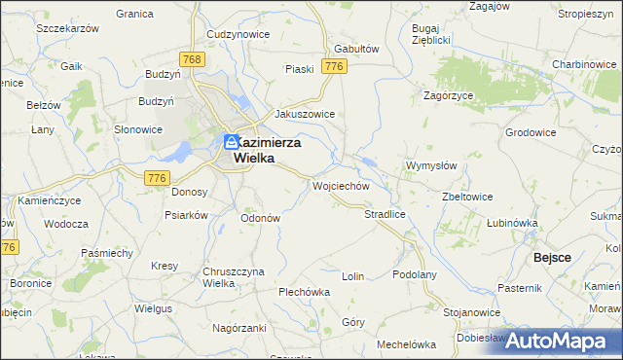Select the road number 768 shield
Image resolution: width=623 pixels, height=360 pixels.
tap(192, 60)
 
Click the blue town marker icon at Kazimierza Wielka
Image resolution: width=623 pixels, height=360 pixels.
tap(232, 142)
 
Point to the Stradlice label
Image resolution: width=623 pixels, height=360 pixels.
tap(384, 213)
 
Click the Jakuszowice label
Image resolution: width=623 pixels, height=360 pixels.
tap(305, 114)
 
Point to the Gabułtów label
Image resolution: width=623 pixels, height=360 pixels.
tap(355, 48)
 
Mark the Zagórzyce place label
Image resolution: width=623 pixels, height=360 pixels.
tap(448, 95)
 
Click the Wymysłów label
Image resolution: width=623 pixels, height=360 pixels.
tap(431, 165)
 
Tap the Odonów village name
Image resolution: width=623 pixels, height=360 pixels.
tap(261, 218)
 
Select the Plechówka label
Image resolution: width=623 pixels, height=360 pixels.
tap(305, 291)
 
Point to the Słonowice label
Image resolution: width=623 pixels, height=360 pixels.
tap(138, 129)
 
